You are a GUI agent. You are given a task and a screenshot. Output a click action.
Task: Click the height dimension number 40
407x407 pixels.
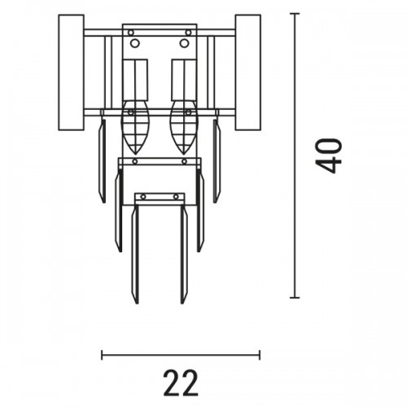328,155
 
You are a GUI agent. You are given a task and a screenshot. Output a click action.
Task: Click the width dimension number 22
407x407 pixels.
181,383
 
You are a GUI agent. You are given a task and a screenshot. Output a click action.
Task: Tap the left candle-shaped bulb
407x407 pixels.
135,127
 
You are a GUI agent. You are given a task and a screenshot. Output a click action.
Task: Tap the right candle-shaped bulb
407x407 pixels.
184,127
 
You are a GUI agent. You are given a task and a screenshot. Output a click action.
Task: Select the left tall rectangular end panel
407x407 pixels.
71,72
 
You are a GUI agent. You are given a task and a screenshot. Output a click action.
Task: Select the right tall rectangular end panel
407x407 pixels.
248,72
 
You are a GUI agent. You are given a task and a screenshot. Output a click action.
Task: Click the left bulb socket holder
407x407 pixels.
136,80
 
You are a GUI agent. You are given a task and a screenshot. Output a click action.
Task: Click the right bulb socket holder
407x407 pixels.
184,80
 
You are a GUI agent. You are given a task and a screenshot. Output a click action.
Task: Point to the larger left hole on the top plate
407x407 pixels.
135,43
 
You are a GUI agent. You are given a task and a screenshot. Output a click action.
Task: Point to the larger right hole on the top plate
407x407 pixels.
184,43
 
